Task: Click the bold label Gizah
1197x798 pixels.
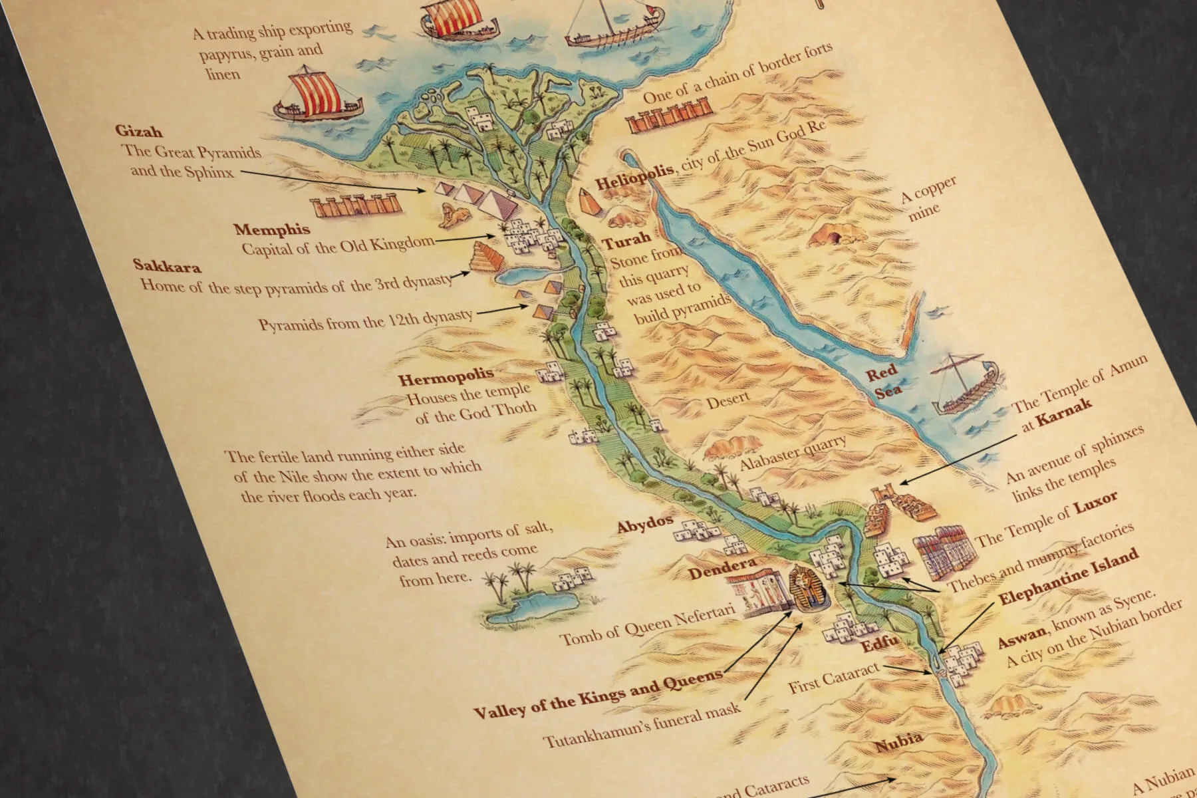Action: (x=138, y=131)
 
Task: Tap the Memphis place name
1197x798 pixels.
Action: (x=271, y=230)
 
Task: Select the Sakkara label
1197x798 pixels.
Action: (x=167, y=265)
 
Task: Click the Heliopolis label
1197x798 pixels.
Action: (x=634, y=178)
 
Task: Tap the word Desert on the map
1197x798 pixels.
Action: (x=728, y=402)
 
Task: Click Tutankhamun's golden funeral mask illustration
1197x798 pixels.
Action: (x=807, y=587)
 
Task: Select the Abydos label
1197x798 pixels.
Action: (x=644, y=523)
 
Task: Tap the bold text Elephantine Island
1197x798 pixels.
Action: (x=1068, y=577)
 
